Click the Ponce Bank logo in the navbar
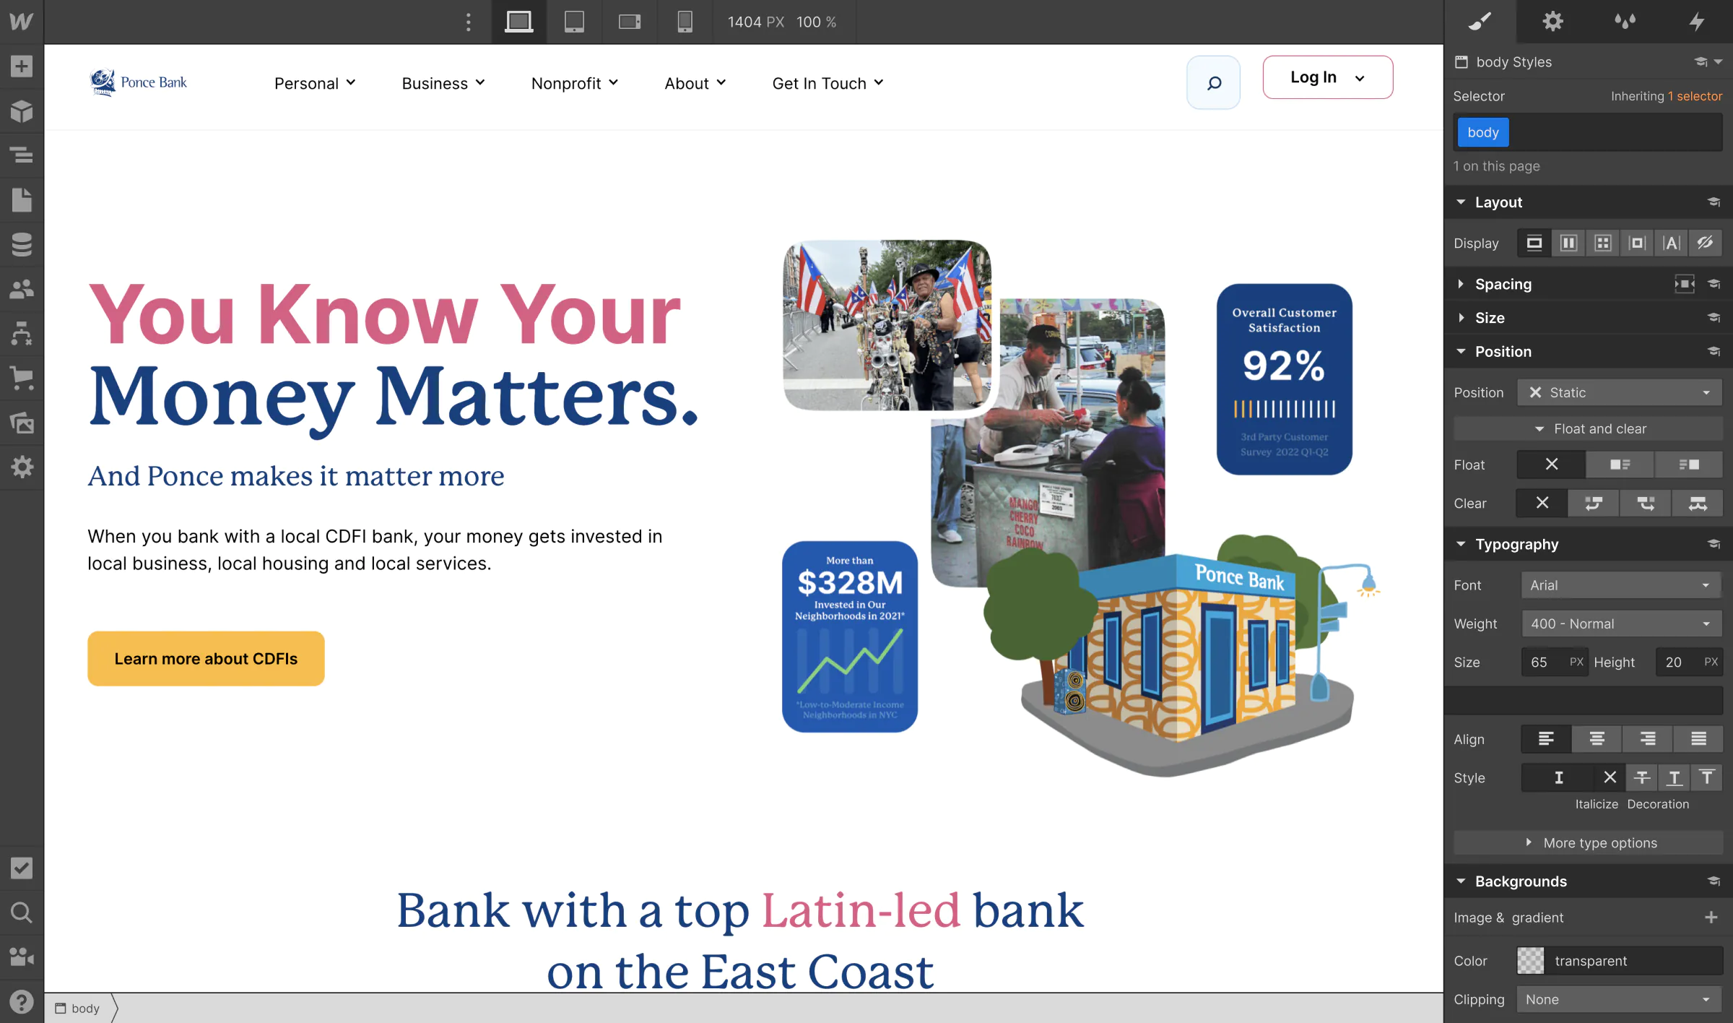[x=139, y=82]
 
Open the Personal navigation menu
[x=315, y=83]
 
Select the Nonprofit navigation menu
[x=574, y=83]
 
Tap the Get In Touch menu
[x=828, y=83]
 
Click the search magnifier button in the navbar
[x=1213, y=82]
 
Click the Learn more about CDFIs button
[x=206, y=658]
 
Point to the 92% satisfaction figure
[x=1283, y=366]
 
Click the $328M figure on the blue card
[x=850, y=582]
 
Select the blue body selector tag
[x=1482, y=132]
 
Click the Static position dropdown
[x=1619, y=392]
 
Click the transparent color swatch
[x=1530, y=960]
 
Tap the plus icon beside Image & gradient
[x=1711, y=917]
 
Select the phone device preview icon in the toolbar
[x=685, y=22]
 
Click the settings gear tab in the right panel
[x=1552, y=22]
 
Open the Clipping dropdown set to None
[x=1619, y=999]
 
